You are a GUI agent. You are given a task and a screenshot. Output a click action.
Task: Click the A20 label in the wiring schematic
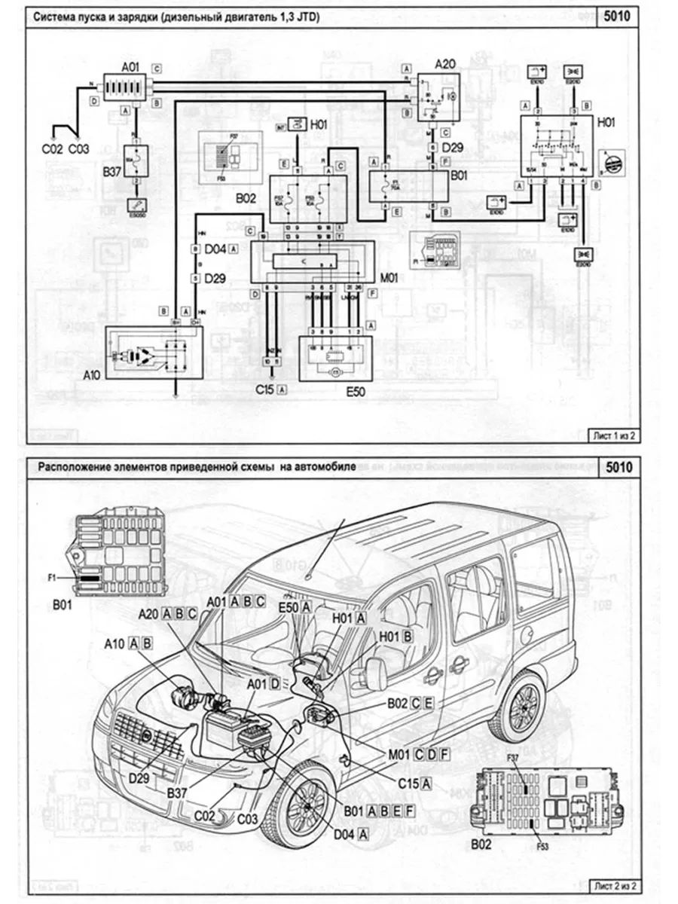445,64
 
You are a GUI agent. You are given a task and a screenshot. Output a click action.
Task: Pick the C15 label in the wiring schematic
265,389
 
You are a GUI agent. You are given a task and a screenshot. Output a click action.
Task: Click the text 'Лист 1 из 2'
611,434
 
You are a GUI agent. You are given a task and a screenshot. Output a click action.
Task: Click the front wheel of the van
307,802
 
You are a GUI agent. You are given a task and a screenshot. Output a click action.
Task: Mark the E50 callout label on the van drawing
288,606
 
